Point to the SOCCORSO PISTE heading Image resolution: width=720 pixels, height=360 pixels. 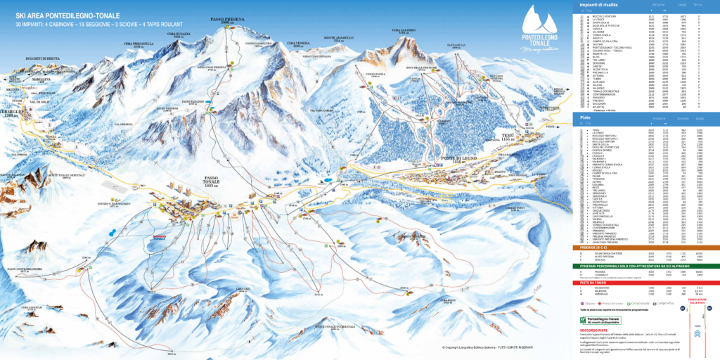(x=594, y=330)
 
